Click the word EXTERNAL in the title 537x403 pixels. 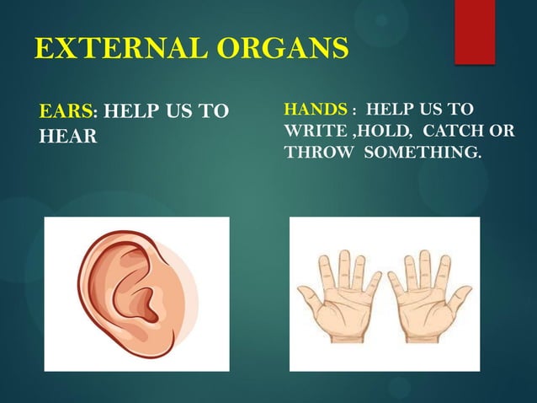coord(117,48)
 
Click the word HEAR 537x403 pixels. coord(67,137)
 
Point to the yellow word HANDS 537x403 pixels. coord(316,110)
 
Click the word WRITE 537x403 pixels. coord(316,132)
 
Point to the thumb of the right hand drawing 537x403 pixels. coord(462,296)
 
